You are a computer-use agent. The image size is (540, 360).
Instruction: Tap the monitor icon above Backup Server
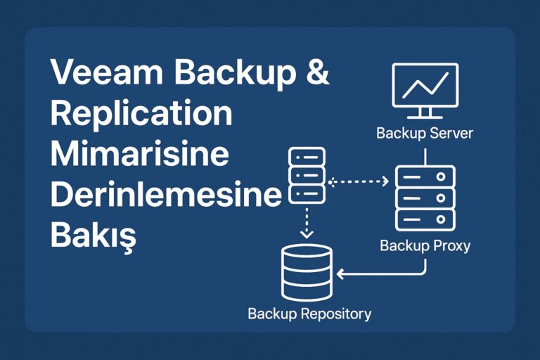click(424, 88)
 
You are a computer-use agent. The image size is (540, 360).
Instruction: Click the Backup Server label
click(425, 133)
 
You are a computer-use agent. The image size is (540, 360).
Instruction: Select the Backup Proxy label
click(425, 246)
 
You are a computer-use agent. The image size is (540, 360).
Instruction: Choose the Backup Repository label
click(309, 314)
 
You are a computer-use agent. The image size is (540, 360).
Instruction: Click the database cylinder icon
click(306, 273)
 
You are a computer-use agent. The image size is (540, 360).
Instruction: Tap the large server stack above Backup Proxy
click(424, 199)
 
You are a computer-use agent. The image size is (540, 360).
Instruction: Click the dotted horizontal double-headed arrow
click(359, 182)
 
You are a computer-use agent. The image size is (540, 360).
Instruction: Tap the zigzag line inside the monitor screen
click(424, 86)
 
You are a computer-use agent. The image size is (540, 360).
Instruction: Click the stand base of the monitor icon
click(424, 117)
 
